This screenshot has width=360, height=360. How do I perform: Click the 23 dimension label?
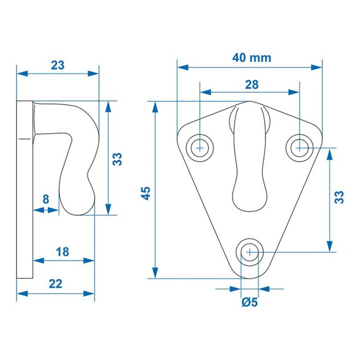(58, 64)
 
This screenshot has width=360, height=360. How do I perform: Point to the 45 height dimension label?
(146, 192)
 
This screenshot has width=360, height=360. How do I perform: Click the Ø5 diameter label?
(250, 302)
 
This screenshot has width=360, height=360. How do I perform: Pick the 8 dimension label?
(45, 198)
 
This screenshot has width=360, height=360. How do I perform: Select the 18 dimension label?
(63, 251)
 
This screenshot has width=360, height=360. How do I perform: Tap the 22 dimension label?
(55, 284)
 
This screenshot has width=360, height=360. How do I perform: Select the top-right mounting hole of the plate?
(300, 147)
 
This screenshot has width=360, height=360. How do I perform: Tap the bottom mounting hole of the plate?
(250, 252)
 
